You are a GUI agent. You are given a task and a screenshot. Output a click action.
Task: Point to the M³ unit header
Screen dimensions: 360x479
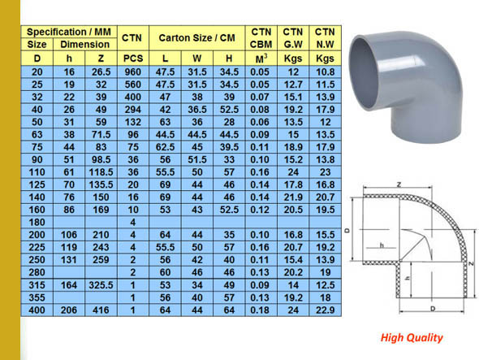(x=260, y=59)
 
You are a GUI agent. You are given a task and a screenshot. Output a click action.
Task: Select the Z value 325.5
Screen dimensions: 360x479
(x=101, y=284)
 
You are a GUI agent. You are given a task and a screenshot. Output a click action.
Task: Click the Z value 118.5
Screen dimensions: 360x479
(x=101, y=172)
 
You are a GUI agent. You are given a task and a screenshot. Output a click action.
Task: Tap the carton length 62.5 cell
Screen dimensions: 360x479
(x=166, y=147)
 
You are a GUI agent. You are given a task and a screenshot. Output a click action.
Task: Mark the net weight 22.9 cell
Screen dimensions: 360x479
(x=325, y=310)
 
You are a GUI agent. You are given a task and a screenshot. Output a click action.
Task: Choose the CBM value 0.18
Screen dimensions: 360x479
(x=260, y=310)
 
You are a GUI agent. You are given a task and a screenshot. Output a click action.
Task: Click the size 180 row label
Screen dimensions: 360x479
(x=36, y=222)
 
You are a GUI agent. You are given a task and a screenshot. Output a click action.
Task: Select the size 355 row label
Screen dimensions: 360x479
(x=36, y=297)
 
